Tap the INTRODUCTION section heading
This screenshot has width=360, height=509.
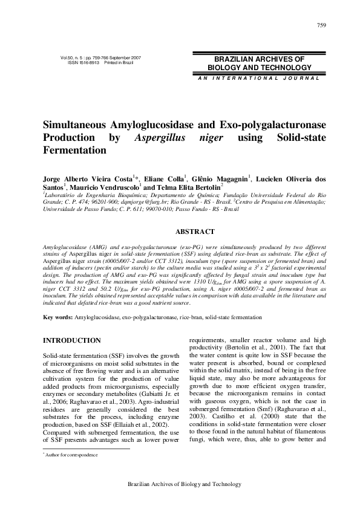click(71, 341)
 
